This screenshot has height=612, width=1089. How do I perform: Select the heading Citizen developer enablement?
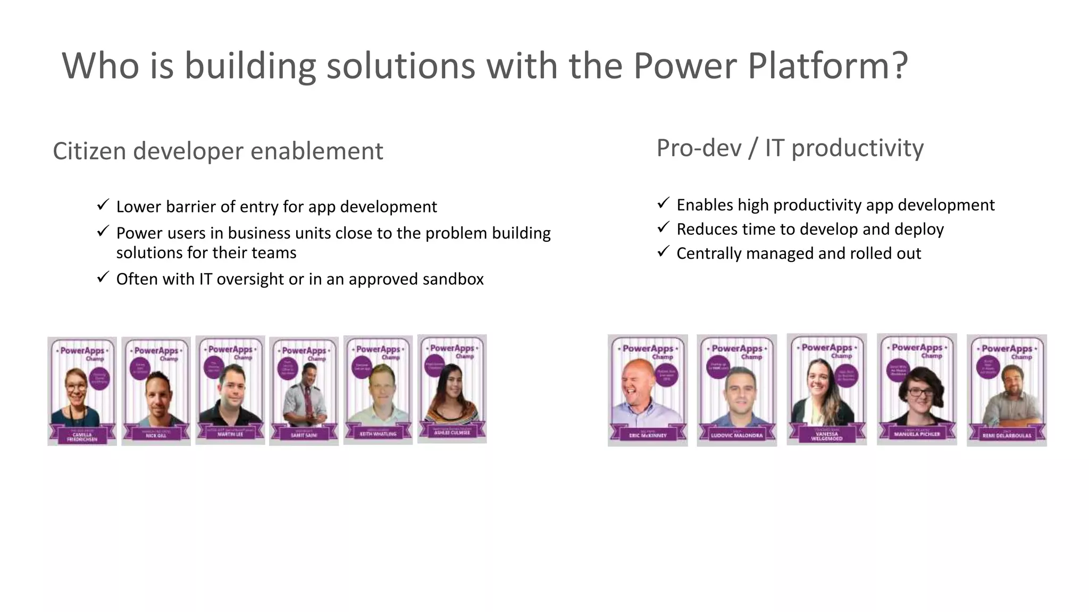point(217,151)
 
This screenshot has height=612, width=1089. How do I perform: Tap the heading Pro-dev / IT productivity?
point(790,148)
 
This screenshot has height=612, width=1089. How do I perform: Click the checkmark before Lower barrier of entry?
point(103,205)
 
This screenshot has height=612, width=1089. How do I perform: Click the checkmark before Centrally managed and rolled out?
point(663,251)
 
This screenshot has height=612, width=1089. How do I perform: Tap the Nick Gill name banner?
point(156,434)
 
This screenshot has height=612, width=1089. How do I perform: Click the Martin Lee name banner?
point(230,433)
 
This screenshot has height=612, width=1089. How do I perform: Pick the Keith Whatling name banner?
point(378,433)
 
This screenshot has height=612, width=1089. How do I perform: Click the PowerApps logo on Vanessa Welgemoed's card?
point(827,347)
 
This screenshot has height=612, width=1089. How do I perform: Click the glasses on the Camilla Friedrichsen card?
point(76,387)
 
